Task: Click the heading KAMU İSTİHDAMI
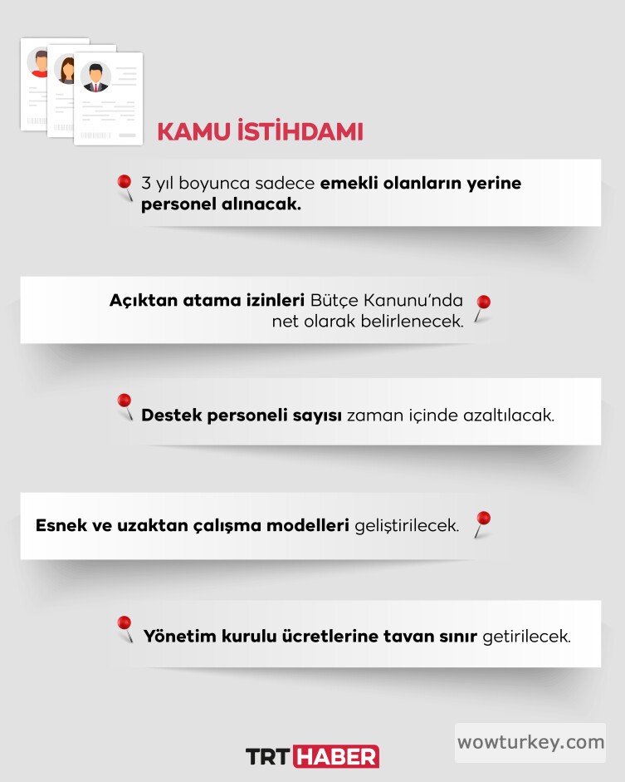(260, 132)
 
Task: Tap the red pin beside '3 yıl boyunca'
(125, 184)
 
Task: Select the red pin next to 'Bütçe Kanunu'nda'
(482, 304)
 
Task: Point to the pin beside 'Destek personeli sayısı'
(125, 403)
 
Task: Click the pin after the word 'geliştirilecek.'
(482, 520)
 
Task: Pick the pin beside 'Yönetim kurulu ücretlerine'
(125, 624)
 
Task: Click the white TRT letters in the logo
(268, 756)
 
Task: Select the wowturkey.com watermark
(530, 742)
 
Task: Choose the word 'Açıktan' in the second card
(139, 300)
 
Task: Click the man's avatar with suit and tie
(95, 77)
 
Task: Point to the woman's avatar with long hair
(66, 69)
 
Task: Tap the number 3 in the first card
(147, 183)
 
